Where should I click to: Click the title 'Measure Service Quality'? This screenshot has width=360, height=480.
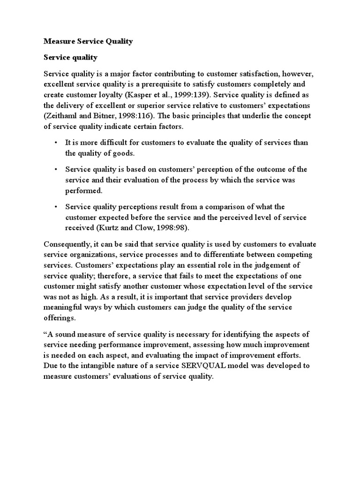coord(88,41)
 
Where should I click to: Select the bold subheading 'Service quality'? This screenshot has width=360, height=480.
coord(70,58)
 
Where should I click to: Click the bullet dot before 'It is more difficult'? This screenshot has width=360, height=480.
coord(56,142)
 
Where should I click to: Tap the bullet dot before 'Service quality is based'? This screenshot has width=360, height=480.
coord(56,169)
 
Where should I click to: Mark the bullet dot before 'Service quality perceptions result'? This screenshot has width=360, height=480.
coord(56,207)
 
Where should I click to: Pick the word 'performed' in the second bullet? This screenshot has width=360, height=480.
coord(83,190)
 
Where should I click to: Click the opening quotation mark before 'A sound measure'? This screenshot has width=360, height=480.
coord(45,333)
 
